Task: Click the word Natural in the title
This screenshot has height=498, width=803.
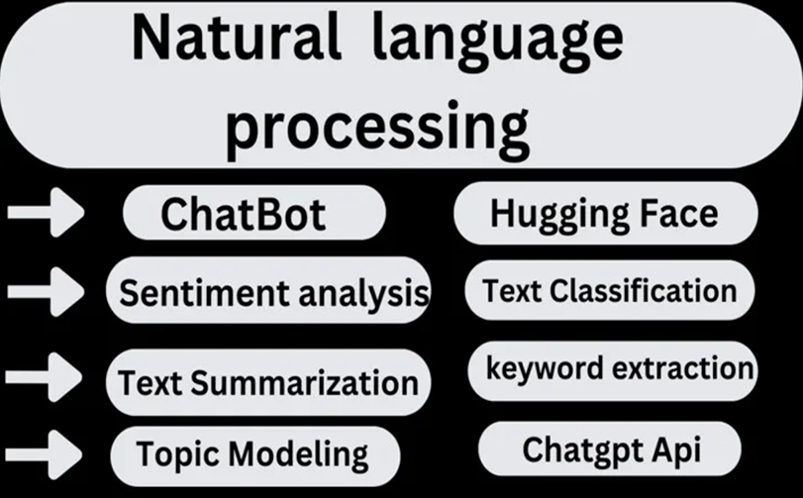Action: [236, 39]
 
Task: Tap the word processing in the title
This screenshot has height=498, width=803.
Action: [378, 127]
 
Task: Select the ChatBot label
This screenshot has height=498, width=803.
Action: [244, 214]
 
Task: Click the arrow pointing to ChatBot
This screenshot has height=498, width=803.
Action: [46, 212]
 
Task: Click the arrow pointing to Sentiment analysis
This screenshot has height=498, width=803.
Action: [46, 291]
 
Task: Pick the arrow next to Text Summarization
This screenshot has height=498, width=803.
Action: [44, 376]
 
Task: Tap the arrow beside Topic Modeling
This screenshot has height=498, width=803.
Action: [44, 454]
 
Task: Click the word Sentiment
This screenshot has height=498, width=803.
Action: [204, 293]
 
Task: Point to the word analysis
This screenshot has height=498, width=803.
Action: [363, 295]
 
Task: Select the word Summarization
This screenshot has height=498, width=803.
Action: [305, 383]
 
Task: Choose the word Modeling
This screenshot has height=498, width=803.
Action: [298, 455]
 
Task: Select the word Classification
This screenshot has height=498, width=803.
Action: [644, 291]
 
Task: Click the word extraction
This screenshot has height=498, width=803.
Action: [683, 368]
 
